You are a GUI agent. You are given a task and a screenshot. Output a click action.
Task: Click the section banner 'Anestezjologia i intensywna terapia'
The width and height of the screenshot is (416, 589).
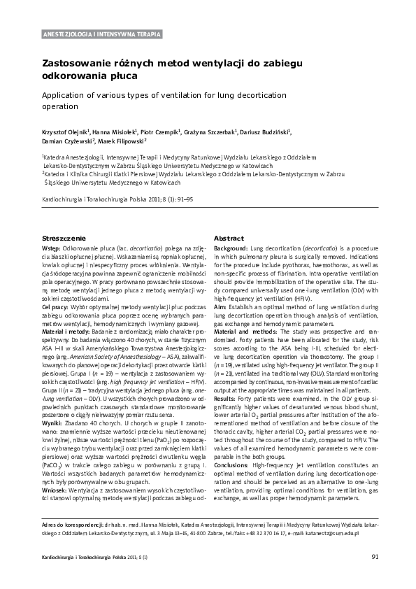pyautogui.click(x=102, y=34)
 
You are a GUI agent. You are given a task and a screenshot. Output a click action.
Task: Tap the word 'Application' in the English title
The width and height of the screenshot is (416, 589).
pyautogui.click(x=67, y=94)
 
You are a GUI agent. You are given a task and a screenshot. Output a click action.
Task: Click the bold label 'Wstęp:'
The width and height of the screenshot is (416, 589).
pyautogui.click(x=52, y=248)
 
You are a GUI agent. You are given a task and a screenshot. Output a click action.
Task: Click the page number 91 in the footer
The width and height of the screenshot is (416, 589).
pyautogui.click(x=375, y=556)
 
